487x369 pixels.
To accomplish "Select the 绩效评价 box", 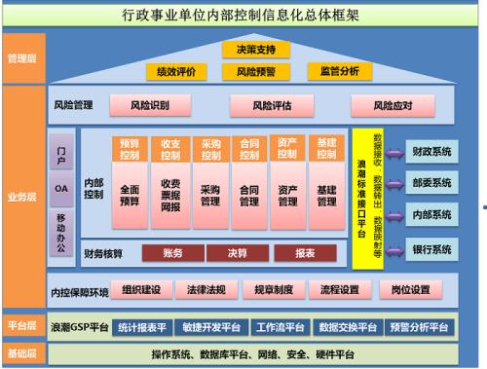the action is [x=177, y=70].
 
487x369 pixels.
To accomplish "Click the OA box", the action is [x=60, y=187].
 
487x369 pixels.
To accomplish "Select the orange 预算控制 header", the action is [x=130, y=148].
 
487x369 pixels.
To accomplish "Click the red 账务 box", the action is [x=172, y=254].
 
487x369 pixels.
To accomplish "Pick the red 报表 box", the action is [x=306, y=254].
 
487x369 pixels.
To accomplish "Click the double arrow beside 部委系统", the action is [x=395, y=183].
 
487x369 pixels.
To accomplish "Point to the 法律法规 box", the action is [x=215, y=289].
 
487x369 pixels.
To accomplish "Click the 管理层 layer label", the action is [x=20, y=59].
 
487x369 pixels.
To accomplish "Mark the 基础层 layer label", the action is [x=20, y=351].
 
